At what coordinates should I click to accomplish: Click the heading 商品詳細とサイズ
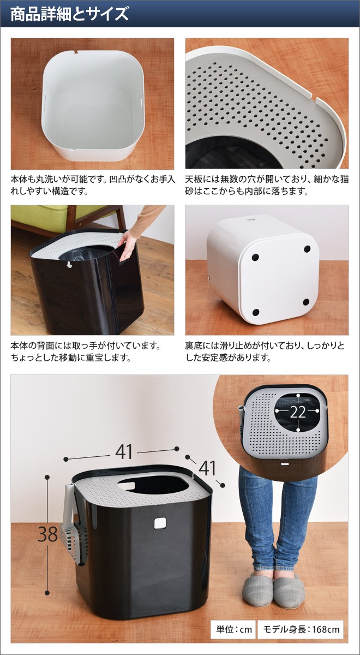point(70,13)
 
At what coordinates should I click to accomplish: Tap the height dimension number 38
point(47,534)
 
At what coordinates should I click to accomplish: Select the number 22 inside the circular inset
point(298,412)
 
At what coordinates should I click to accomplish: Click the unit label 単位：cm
point(233,629)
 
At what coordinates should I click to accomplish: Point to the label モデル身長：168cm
point(301,629)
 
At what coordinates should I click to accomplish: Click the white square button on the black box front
point(160,522)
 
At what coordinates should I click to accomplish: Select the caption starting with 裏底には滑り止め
point(266,353)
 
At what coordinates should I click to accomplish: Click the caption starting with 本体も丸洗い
point(92,185)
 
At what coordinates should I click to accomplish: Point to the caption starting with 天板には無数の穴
point(266,185)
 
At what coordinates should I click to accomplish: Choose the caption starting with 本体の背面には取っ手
point(86,353)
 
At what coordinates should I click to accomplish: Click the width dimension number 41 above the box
point(124,452)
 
